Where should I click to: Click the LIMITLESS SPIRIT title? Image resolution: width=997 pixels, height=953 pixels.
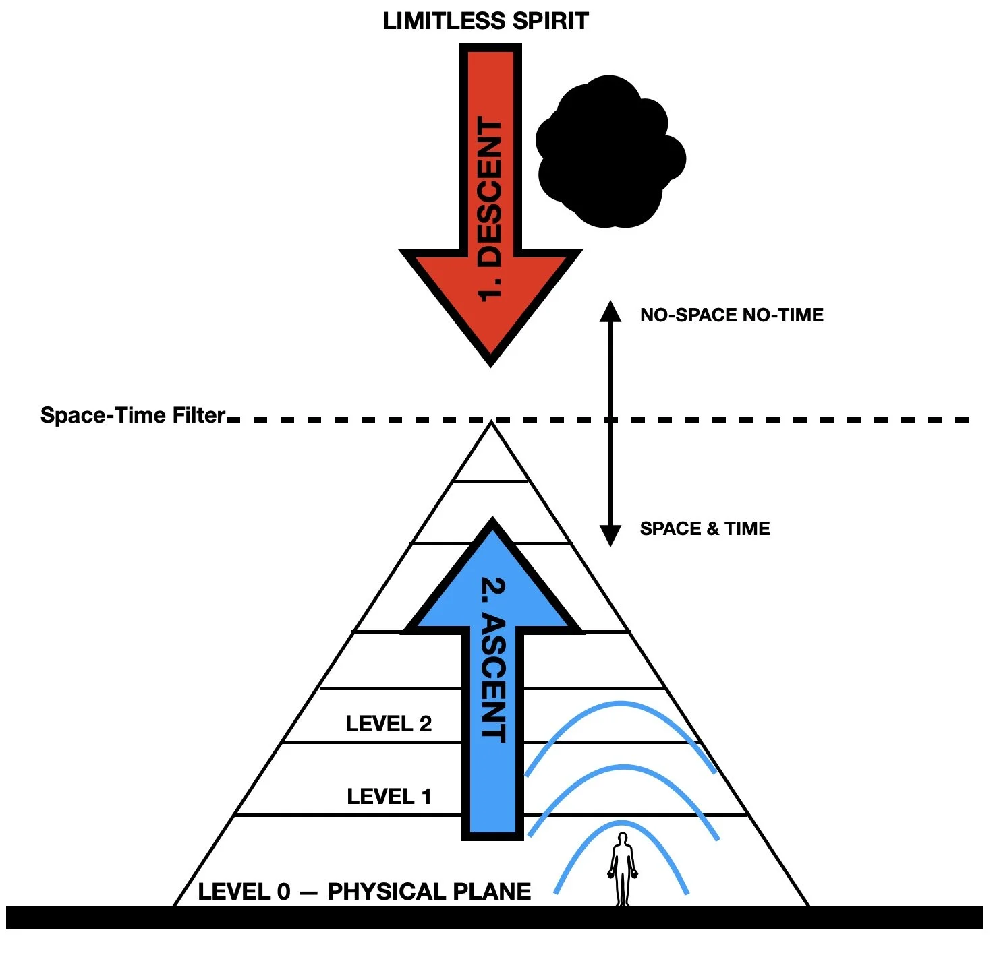click(485, 21)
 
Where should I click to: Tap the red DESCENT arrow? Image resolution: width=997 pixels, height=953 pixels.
click(490, 202)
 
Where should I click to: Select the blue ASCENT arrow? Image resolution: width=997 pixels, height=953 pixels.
click(492, 674)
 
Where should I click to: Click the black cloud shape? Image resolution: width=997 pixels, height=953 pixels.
click(607, 152)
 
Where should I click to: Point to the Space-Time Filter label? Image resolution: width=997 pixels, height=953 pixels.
click(132, 415)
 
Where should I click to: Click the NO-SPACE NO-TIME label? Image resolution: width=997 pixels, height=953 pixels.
click(732, 315)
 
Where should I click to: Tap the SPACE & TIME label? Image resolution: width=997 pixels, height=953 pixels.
click(705, 529)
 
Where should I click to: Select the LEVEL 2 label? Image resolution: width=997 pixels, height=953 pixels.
click(389, 724)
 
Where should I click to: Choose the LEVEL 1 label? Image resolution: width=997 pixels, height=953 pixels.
click(389, 797)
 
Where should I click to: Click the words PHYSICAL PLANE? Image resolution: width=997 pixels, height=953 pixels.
click(429, 892)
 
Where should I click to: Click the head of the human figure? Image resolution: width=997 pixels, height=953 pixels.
click(623, 838)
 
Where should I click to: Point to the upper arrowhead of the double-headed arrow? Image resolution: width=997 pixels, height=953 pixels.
click(610, 311)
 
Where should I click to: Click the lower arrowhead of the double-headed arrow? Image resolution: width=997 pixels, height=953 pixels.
click(610, 536)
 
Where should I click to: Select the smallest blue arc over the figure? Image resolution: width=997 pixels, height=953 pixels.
click(621, 825)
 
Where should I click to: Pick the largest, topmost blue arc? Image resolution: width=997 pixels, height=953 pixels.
click(621, 705)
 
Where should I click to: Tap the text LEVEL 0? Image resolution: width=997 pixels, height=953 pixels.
click(244, 892)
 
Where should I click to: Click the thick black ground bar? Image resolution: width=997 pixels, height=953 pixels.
click(494, 918)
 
